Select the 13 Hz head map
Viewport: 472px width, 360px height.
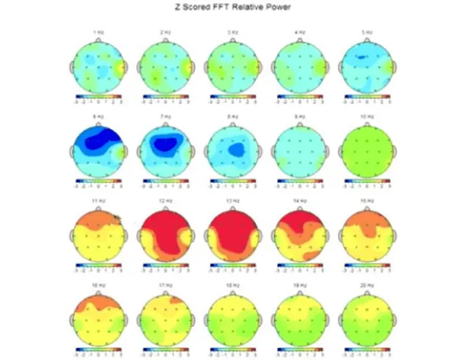pyautogui.click(x=232, y=237)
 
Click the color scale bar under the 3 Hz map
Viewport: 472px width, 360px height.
pyautogui.click(x=232, y=97)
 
